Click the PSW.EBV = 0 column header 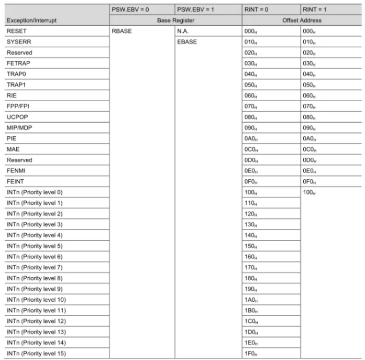(130, 9)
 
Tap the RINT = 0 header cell (257, 9)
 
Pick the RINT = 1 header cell (315, 9)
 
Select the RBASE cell (121, 31)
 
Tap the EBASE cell (187, 42)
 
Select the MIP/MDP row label (20, 128)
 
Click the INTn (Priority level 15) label (36, 353)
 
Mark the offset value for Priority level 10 (251, 300)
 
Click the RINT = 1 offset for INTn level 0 (309, 192)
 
